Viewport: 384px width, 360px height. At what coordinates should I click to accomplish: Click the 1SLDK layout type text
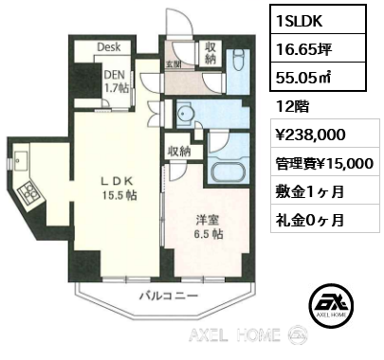click(299, 21)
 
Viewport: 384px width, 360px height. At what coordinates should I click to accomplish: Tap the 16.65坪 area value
click(303, 49)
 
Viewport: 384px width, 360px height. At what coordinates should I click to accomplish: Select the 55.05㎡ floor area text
click(303, 77)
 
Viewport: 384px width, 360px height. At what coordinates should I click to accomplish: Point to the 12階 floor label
click(292, 107)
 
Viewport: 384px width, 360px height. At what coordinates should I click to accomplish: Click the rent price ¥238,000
click(310, 135)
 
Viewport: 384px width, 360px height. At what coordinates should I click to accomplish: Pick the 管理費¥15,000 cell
click(324, 164)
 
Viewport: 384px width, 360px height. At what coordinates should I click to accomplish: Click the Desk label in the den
click(109, 47)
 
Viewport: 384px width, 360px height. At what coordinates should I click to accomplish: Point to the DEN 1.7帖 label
click(116, 81)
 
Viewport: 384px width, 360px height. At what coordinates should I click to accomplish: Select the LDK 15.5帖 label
click(119, 189)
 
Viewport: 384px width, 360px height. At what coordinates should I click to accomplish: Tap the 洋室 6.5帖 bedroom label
click(208, 227)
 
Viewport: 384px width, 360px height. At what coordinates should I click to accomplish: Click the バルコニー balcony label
click(169, 296)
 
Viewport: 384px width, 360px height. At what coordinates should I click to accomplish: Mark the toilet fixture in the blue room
click(238, 62)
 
